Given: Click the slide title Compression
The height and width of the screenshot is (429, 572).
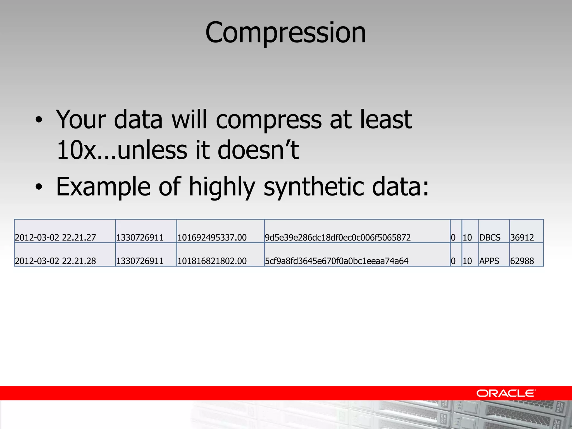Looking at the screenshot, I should (285, 33).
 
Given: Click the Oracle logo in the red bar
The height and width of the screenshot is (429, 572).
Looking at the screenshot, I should (506, 393).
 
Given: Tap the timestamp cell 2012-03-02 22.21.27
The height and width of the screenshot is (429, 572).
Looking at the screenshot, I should (55, 237).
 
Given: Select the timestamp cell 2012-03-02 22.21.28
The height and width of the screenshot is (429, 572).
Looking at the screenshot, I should (55, 261).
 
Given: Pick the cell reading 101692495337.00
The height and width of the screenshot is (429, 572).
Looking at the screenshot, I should (212, 237).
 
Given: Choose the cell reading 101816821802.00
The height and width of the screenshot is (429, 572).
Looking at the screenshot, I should (212, 261).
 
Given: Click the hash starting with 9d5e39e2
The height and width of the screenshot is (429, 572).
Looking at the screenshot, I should (338, 237).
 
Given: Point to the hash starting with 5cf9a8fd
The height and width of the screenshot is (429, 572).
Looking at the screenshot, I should (337, 261).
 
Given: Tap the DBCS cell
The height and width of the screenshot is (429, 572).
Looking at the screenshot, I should (490, 237).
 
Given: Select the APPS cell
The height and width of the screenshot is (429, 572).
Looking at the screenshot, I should (489, 261).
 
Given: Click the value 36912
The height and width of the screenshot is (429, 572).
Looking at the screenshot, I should (522, 237).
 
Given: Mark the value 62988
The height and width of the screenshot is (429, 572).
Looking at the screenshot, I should (522, 261).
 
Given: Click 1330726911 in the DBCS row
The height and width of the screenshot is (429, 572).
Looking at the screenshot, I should (140, 237).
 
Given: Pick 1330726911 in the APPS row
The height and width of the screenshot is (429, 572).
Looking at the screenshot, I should (140, 261).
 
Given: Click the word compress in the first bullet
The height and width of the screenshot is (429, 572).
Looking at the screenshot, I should (269, 120).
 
